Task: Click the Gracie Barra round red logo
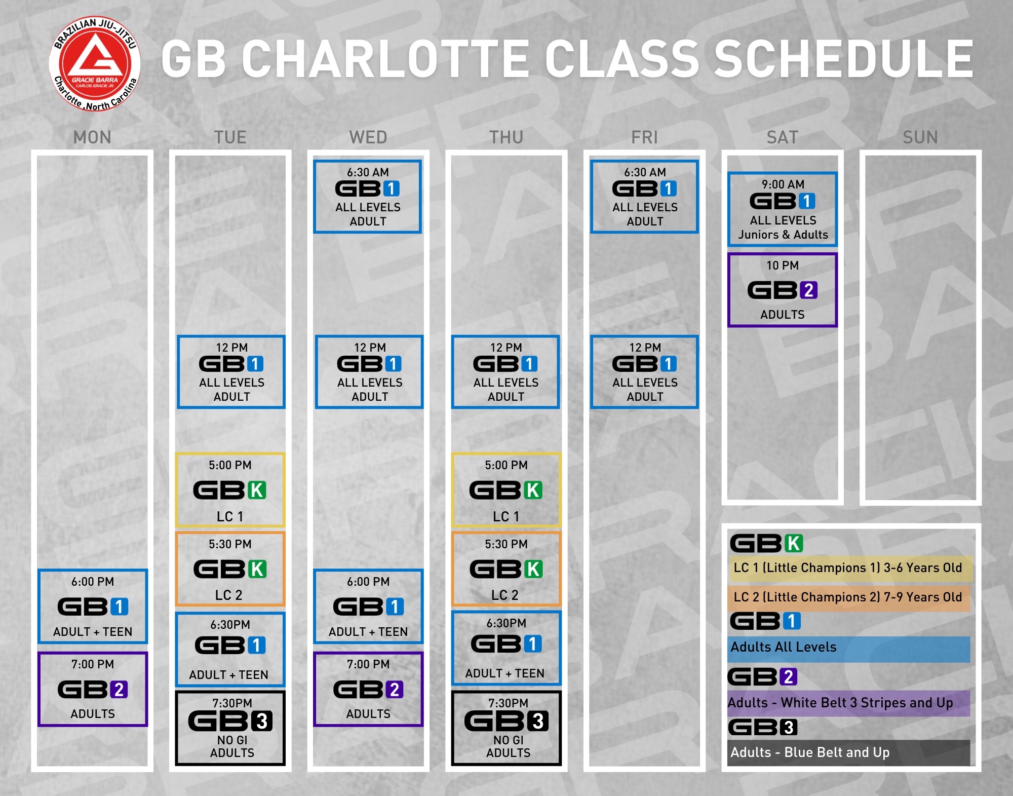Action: (95, 64)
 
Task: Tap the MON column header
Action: (92, 137)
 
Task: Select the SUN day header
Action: (920, 137)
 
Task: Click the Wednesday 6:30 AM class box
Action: (368, 197)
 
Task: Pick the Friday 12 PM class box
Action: (645, 372)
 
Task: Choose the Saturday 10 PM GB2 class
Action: (783, 290)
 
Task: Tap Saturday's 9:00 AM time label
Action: (783, 184)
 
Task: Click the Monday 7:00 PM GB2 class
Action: (93, 689)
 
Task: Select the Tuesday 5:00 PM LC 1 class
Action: (230, 490)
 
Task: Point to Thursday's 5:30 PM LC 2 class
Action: (506, 568)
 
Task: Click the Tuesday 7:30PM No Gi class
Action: (230, 728)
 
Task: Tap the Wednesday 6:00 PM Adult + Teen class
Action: (368, 607)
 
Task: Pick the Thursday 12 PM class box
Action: (506, 372)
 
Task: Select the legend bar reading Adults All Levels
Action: (848, 649)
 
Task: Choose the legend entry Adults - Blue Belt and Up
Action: (848, 752)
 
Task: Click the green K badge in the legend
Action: (794, 543)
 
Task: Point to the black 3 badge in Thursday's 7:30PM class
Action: (538, 721)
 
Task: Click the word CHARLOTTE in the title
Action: (385, 59)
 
